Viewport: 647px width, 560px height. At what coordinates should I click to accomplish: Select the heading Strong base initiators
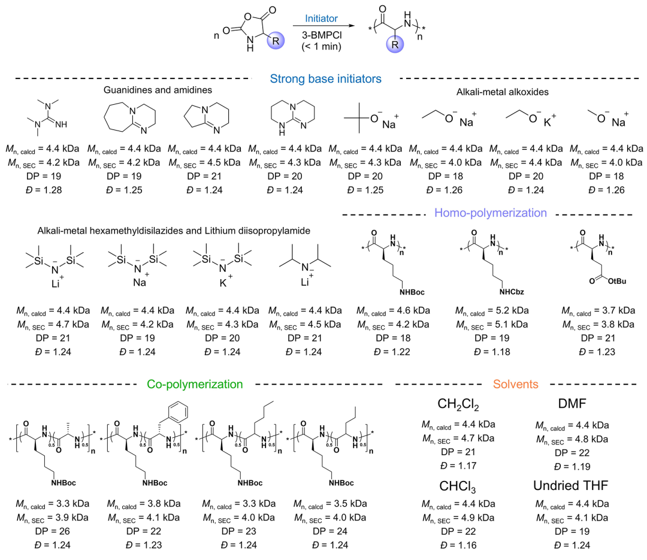(325, 78)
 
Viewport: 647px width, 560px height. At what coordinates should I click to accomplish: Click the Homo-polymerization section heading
(491, 213)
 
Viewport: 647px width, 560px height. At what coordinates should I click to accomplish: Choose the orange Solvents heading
(516, 384)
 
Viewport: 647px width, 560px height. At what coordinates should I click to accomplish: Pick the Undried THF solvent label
(572, 485)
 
